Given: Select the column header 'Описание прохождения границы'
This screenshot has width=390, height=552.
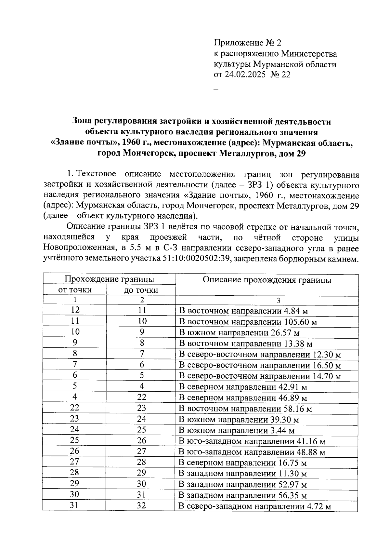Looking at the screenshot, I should (x=267, y=280).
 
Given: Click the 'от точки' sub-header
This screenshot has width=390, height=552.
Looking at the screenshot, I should (x=75, y=290).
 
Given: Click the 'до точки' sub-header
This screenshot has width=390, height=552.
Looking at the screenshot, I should (x=141, y=290).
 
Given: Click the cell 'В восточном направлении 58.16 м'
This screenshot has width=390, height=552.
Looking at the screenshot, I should (x=245, y=409).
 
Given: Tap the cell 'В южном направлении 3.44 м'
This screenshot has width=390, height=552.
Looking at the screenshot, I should (x=237, y=431).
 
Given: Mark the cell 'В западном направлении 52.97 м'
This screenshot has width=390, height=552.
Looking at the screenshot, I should (x=243, y=485).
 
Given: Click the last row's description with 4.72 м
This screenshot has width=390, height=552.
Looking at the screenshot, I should (x=255, y=506).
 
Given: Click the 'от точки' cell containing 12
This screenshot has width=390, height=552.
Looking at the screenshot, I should (x=75, y=310).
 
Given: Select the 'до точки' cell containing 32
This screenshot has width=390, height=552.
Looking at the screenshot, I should (x=141, y=506).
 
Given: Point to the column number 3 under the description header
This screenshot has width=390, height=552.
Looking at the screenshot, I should (x=278, y=300).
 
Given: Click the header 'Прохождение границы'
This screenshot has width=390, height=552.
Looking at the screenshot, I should (x=109, y=279).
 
